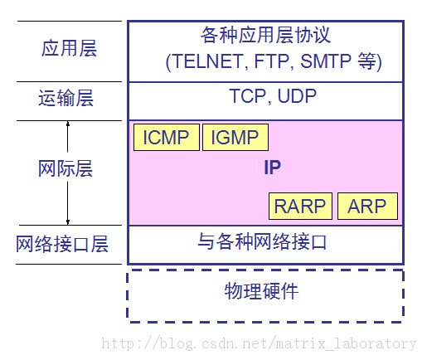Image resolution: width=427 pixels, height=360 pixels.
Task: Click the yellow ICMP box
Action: pos(166,138)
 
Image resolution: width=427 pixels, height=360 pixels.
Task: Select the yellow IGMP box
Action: pos(235,138)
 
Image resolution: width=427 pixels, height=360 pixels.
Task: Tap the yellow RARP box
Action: pos(301,206)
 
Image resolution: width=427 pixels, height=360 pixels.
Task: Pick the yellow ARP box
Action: pos(367,206)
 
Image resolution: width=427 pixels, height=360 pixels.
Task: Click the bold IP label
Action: pos(272,168)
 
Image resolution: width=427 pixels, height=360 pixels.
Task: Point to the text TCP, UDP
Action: pos(273,96)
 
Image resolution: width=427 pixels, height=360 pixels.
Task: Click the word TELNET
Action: pos(204,61)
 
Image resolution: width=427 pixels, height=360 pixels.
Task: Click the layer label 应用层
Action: pos(69,48)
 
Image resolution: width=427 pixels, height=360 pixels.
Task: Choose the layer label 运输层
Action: pos(66,99)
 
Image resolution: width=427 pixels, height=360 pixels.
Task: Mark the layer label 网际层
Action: pos(66,169)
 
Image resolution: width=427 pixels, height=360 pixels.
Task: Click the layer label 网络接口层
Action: pos(63,245)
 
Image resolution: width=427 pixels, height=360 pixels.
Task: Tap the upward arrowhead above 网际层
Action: pos(68,125)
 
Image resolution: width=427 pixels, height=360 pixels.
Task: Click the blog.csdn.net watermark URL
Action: pos(258,343)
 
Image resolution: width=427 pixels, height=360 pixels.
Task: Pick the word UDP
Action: pos(297,96)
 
